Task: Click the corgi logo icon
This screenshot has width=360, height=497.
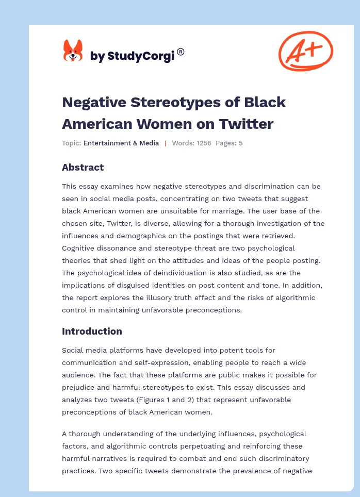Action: coord(73,51)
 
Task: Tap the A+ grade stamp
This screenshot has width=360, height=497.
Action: coord(305,51)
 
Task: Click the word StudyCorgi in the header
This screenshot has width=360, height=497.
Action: coord(141,56)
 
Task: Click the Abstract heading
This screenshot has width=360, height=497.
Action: coord(83,167)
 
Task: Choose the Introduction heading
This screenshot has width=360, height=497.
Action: coord(92,331)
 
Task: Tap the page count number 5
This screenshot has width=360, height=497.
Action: coord(240,143)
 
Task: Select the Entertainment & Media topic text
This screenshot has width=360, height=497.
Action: coord(121,143)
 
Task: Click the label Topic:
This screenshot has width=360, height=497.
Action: coord(71,143)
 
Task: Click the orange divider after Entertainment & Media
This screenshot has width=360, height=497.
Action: coord(165,143)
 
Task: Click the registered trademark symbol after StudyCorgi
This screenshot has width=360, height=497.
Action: coord(181,52)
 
